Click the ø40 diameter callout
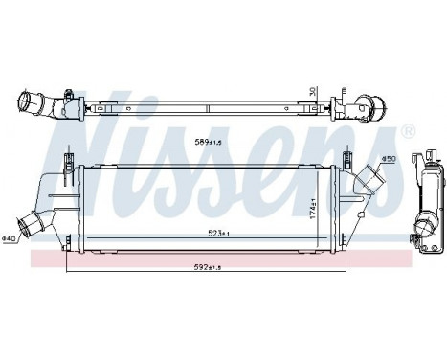click(x=9, y=237)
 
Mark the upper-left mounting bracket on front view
click(x=69, y=159)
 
